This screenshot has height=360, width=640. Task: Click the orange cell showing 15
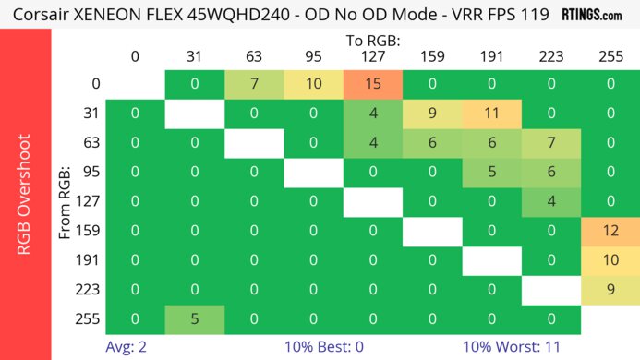[373, 84]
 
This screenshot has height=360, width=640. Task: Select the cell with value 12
[610, 228]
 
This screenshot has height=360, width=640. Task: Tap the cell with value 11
[491, 114]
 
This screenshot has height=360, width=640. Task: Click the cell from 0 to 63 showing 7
[254, 84]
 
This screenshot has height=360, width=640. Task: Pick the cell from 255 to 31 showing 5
[195, 318]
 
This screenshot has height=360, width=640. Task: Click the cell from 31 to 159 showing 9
[432, 114]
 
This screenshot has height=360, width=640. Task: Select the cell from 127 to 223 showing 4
[551, 200]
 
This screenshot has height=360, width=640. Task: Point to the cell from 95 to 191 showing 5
[491, 171]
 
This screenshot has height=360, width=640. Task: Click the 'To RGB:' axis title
[373, 42]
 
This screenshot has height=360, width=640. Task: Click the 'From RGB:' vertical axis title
[66, 200]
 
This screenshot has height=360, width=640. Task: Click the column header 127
[373, 57]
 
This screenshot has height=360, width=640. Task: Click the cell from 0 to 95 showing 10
[314, 84]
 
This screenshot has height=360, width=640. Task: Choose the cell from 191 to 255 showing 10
[610, 258]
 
